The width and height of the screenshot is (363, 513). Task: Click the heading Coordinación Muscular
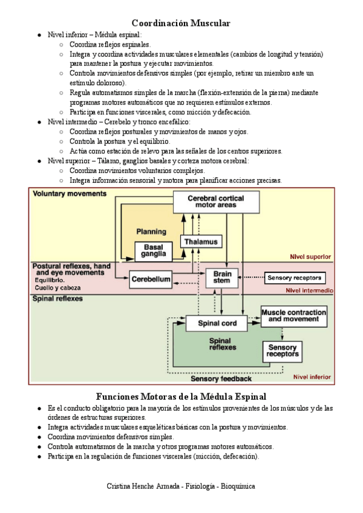pos(181,23)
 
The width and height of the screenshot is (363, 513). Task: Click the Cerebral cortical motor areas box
pos(216,201)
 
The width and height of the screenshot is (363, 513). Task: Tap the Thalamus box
pos(200,241)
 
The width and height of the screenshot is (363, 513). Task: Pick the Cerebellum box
pos(151,279)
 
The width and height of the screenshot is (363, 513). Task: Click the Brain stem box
pos(223,278)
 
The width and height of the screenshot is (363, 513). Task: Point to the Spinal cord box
pos(218,324)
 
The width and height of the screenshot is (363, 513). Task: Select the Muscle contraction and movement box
pos(293,315)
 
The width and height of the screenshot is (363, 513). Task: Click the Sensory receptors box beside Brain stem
pos(295,278)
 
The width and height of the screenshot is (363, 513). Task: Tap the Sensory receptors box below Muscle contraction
pos(282,351)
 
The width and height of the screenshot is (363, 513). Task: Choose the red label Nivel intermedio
pos(309,290)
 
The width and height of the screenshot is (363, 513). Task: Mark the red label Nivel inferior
pos(312,377)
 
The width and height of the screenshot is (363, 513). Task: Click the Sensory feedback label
pos(221,379)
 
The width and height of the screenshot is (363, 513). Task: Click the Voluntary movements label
pos(70,194)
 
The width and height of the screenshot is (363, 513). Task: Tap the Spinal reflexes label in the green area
pos(57,299)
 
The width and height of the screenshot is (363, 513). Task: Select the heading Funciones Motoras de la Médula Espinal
pos(181,396)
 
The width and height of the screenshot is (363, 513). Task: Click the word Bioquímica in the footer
pos(238,486)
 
